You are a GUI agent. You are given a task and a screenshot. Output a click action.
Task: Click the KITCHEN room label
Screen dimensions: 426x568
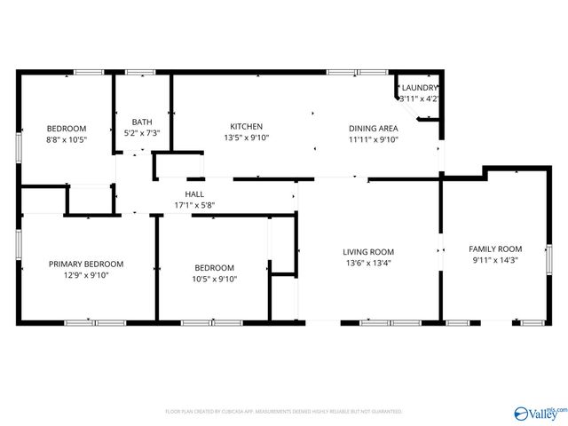[x=246, y=127]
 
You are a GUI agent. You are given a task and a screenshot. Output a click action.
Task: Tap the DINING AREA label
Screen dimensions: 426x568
[x=372, y=128]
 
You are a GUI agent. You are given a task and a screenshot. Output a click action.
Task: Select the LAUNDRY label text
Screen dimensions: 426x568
[x=419, y=88]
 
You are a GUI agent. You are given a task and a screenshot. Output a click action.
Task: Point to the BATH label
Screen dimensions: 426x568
[x=142, y=122]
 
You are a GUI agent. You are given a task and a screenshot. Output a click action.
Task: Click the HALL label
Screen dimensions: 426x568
[x=194, y=194]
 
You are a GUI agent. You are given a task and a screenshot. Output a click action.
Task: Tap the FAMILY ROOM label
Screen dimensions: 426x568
[x=495, y=248]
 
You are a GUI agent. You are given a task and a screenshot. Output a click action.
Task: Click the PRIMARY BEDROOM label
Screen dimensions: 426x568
[x=85, y=264]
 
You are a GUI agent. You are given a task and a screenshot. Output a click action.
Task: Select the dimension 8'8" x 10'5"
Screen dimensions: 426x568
[x=67, y=139]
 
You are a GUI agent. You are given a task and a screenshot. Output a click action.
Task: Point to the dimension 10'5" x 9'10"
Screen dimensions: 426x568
[x=214, y=279]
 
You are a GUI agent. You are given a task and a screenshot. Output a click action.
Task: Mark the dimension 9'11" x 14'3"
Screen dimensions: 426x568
[x=495, y=260]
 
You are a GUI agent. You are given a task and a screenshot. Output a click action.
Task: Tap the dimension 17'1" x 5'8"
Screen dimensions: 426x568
[x=194, y=205]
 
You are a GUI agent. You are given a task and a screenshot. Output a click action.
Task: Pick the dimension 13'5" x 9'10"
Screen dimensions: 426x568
[x=246, y=138]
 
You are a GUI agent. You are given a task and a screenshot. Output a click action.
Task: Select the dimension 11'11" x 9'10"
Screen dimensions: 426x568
[x=372, y=139]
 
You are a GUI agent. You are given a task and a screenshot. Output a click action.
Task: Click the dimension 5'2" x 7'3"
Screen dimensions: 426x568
[x=142, y=133]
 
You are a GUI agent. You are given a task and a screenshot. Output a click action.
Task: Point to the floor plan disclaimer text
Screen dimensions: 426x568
[x=284, y=412]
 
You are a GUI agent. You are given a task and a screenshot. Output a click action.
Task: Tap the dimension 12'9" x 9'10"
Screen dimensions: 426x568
[x=85, y=275]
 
